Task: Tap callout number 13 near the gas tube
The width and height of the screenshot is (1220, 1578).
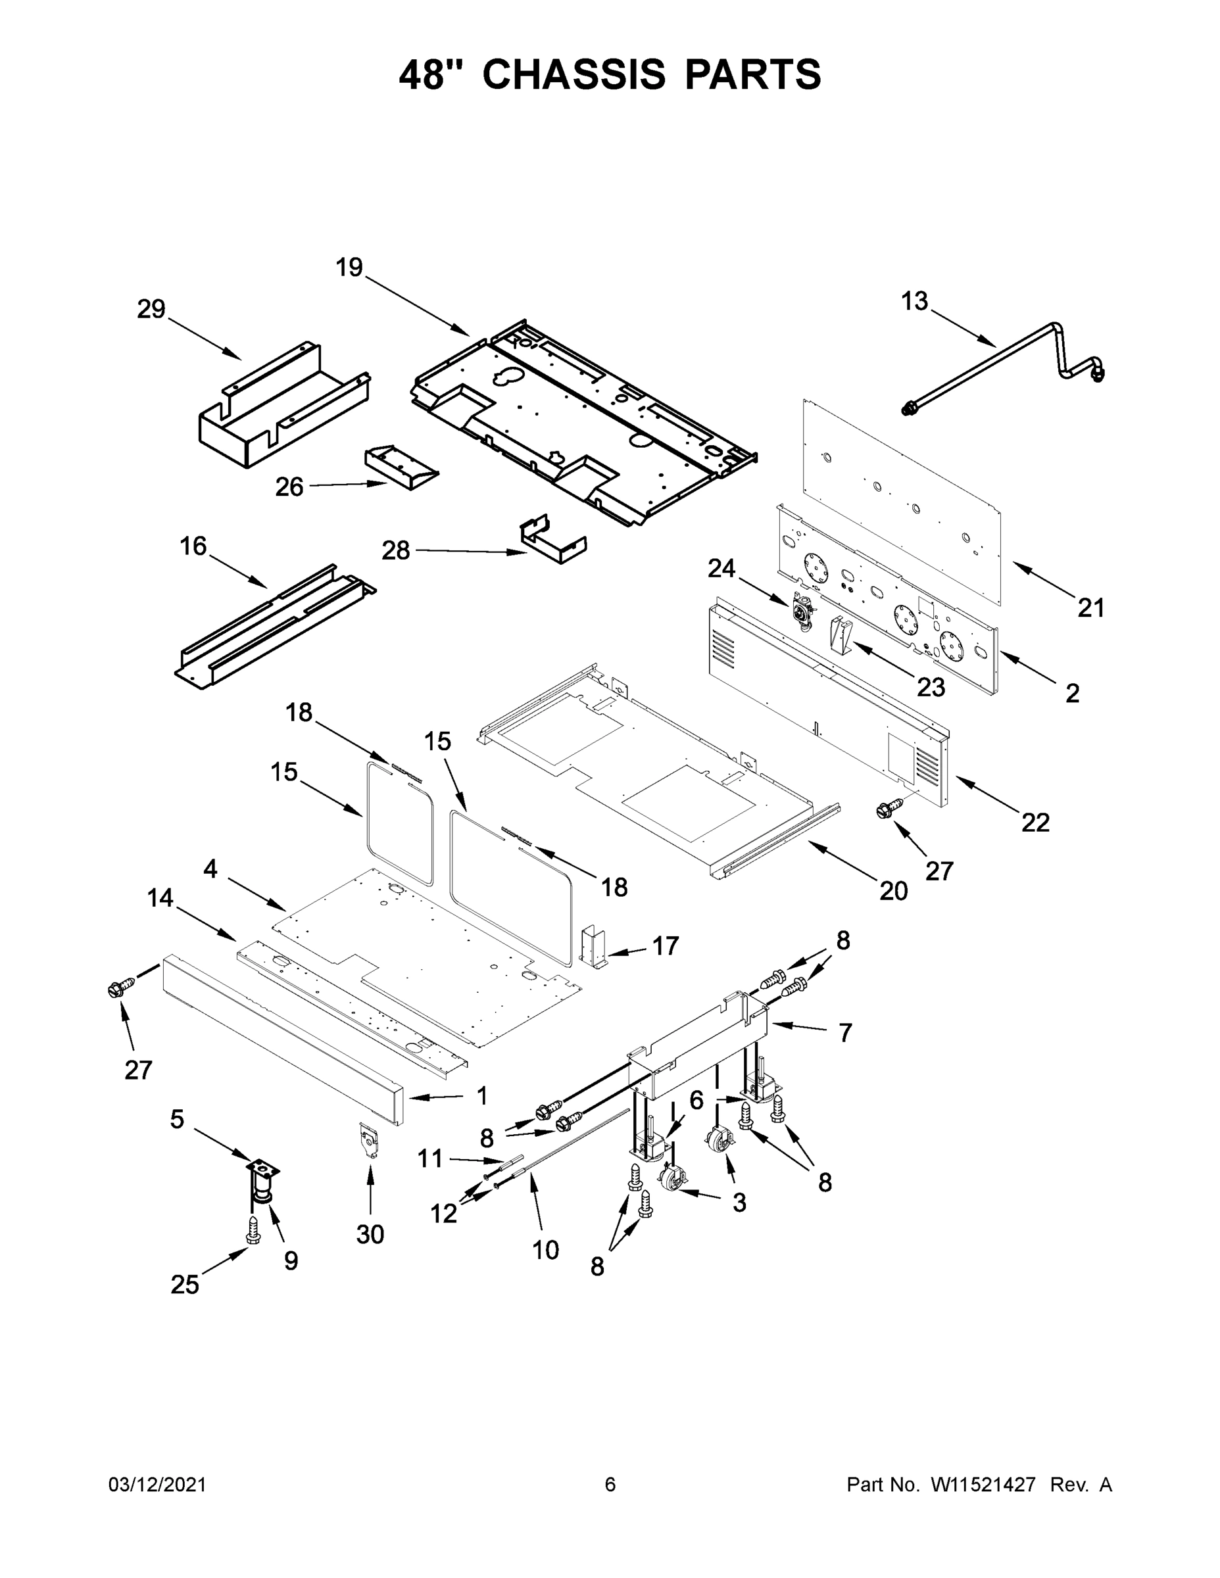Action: tap(914, 301)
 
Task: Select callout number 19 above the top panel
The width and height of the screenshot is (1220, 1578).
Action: tap(349, 268)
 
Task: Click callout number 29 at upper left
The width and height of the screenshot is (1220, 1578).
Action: tap(151, 310)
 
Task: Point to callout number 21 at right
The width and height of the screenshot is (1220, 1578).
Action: tap(1090, 608)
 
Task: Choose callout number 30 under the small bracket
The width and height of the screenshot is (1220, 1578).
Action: tap(370, 1235)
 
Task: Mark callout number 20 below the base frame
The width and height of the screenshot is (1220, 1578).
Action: tap(893, 891)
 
